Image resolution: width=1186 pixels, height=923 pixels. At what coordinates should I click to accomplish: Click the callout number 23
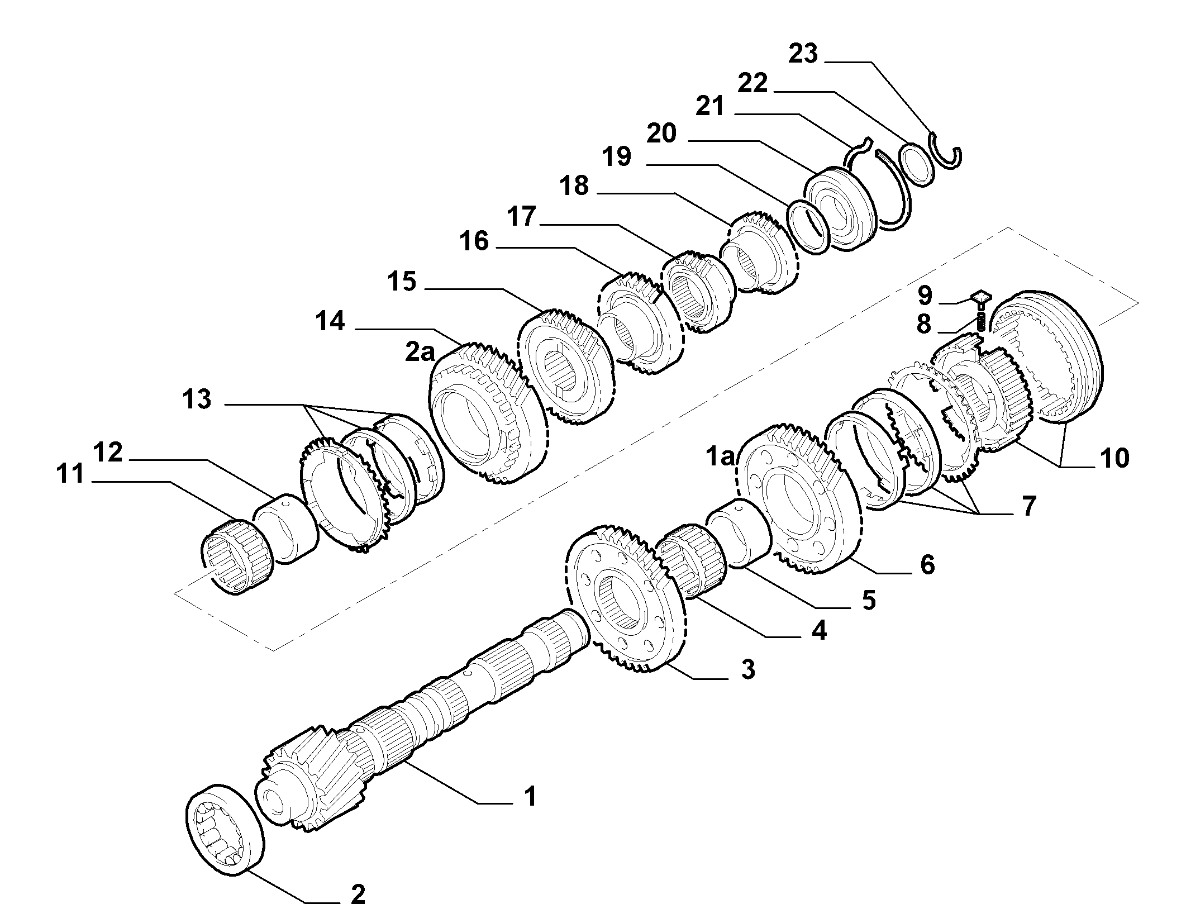(x=803, y=54)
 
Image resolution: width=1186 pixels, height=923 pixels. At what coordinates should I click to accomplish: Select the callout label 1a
(x=721, y=457)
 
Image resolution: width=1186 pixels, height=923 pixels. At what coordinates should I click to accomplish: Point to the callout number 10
(x=1113, y=458)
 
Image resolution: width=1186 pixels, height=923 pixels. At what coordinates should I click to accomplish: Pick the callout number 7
(x=1028, y=506)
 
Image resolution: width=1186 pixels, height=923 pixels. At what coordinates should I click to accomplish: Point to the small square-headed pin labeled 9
(x=980, y=298)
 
